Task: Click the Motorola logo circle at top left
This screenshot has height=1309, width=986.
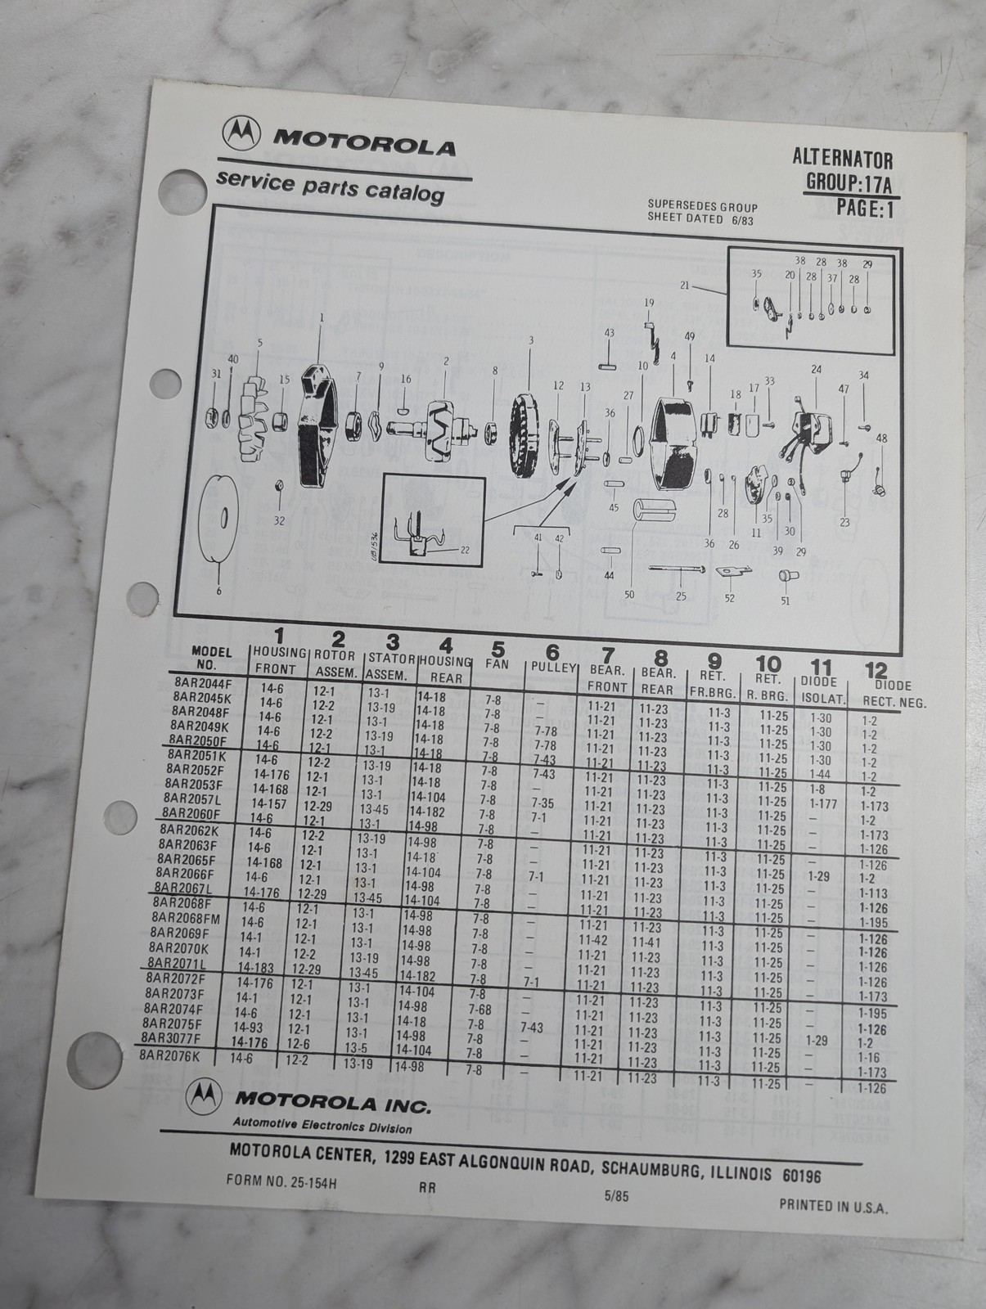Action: click(241, 132)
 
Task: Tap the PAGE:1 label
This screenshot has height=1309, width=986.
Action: click(865, 208)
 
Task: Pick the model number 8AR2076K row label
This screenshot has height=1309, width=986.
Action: click(169, 1055)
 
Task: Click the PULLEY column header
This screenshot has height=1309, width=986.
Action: click(553, 668)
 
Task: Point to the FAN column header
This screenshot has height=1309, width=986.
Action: click(497, 663)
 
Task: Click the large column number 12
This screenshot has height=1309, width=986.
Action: click(876, 670)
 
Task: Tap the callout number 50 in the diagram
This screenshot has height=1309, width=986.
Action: click(629, 594)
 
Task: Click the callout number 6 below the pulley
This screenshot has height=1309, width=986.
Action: click(219, 591)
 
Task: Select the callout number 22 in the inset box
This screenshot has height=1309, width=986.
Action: click(465, 549)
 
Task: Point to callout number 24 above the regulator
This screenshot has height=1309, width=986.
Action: click(816, 369)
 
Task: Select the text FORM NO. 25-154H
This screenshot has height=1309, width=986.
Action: click(281, 1181)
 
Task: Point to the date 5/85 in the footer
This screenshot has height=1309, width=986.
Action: click(616, 1195)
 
